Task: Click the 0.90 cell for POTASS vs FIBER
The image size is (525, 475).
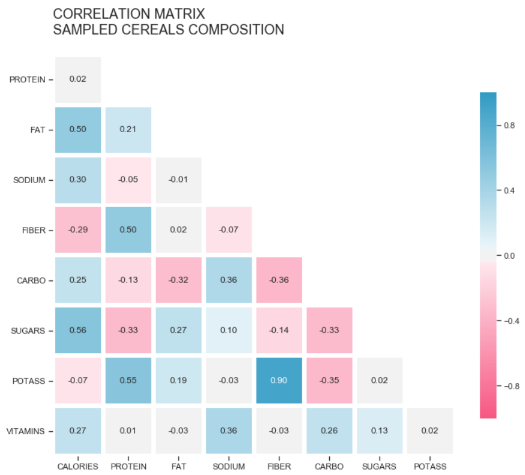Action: click(x=279, y=381)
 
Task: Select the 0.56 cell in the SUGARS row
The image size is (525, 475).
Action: click(x=77, y=330)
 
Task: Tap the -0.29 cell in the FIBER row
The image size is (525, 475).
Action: click(x=77, y=230)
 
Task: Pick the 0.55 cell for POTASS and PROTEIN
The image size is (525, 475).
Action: click(x=128, y=381)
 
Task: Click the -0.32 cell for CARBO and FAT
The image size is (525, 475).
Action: click(x=178, y=280)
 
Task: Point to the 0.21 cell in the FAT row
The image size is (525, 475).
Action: click(x=128, y=130)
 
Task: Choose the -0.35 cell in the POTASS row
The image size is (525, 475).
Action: click(x=329, y=381)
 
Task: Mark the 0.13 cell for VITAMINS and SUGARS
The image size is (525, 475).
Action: click(x=379, y=431)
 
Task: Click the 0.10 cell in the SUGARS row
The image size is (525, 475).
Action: click(x=228, y=330)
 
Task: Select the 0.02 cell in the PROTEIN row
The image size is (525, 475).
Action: click(x=77, y=79)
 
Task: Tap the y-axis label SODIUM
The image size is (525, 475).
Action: click(x=29, y=180)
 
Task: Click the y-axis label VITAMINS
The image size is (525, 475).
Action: click(x=26, y=431)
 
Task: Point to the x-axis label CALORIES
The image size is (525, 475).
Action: click(x=77, y=467)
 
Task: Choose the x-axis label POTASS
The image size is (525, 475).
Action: click(x=429, y=467)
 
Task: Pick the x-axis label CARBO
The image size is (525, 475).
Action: click(x=329, y=467)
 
